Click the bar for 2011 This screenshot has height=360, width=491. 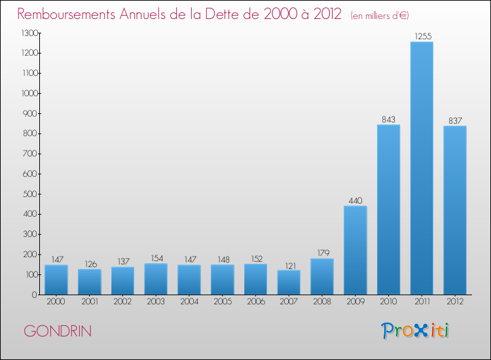pos(422,168)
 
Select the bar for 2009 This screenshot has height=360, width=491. pos(355,250)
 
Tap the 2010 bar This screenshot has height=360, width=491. pos(388,209)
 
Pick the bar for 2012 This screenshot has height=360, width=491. pos(455,210)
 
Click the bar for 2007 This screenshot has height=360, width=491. pos(289,282)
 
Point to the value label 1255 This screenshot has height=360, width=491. pos(422,36)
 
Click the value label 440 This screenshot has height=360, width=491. pos(355,200)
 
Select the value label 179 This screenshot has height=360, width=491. pos(322,253)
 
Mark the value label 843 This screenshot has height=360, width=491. pos(388,119)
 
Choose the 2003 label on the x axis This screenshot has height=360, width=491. pos(156,302)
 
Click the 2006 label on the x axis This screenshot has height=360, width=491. pos(255,302)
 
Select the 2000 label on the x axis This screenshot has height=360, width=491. pos(56,302)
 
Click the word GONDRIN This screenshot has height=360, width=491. pos(58,331)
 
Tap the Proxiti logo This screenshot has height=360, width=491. pos(415,331)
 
